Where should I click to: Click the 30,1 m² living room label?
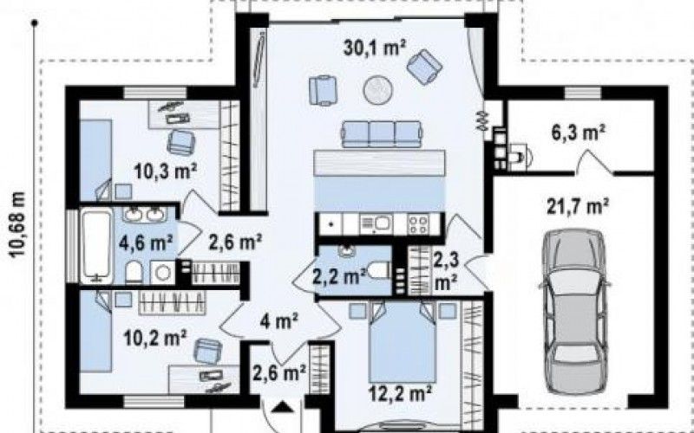pyautogui.click(x=375, y=48)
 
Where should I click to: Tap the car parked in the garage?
pyautogui.click(x=574, y=312)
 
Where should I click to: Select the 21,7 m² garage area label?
pyautogui.click(x=577, y=206)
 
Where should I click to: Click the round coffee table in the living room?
pyautogui.click(x=378, y=90)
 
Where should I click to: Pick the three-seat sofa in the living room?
pyautogui.click(x=382, y=134)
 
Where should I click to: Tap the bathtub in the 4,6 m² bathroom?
pyautogui.click(x=96, y=246)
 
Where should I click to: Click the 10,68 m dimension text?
pyautogui.click(x=17, y=224)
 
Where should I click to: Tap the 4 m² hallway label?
pyautogui.click(x=278, y=321)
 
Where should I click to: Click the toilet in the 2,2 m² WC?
pyautogui.click(x=379, y=270)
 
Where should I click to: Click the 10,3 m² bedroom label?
pyautogui.click(x=165, y=171)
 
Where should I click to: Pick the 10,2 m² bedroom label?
pyautogui.click(x=154, y=339)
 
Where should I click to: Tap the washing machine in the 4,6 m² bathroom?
pyautogui.click(x=162, y=272)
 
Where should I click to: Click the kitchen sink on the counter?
pyautogui.click(x=376, y=223)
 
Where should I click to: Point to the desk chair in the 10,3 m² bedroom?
pyautogui.click(x=181, y=142)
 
